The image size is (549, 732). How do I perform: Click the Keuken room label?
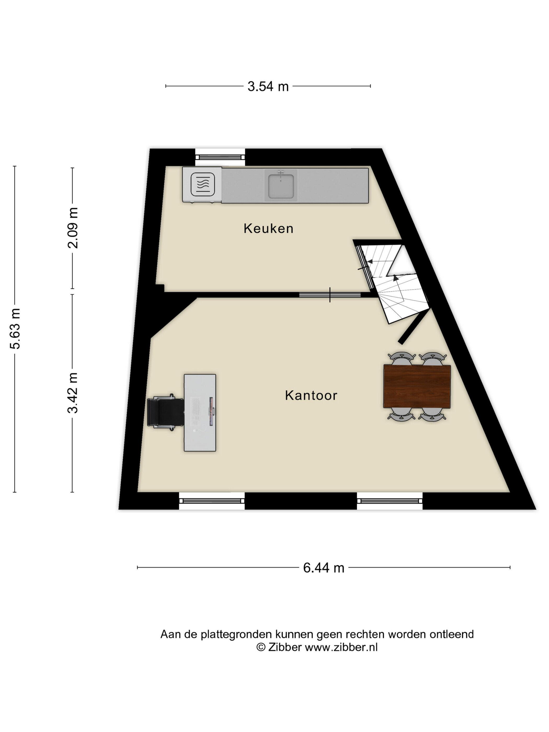(268, 228)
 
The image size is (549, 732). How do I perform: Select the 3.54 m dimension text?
(268, 86)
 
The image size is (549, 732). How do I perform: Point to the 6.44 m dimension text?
(324, 568)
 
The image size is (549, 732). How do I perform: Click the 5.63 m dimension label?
(15, 329)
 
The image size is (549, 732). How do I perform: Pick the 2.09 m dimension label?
(73, 228)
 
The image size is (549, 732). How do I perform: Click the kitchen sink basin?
(281, 185)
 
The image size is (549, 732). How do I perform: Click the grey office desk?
(200, 413)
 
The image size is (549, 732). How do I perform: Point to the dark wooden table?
(417, 386)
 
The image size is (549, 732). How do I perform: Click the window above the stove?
(220, 157)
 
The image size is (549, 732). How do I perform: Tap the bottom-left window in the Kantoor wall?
(212, 501)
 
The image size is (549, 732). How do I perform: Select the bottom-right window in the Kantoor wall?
(390, 501)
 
